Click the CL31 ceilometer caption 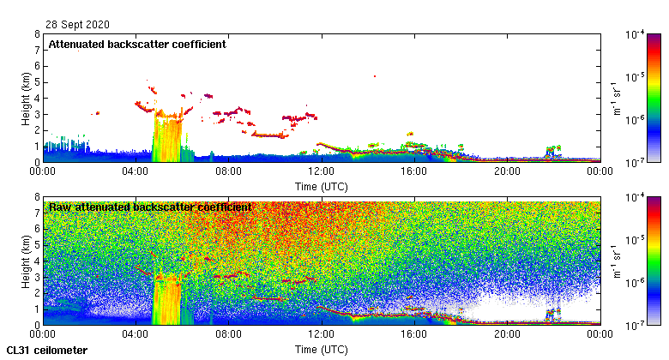(x=47, y=351)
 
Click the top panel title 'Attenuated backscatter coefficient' (x=136, y=45)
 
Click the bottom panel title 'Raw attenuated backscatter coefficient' (x=150, y=207)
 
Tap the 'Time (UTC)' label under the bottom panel (x=321, y=350)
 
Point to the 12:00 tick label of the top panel (x=321, y=171)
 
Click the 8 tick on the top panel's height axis (x=36, y=35)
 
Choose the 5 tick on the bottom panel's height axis (x=36, y=245)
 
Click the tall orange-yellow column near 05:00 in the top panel (x=167, y=137)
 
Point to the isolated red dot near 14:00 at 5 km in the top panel (x=375, y=76)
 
